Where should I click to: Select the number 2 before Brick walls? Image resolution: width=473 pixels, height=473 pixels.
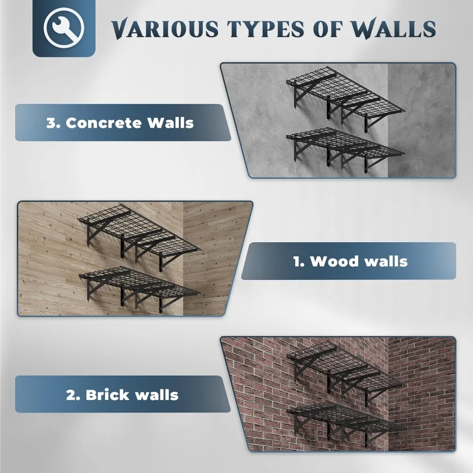(x=71, y=394)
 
